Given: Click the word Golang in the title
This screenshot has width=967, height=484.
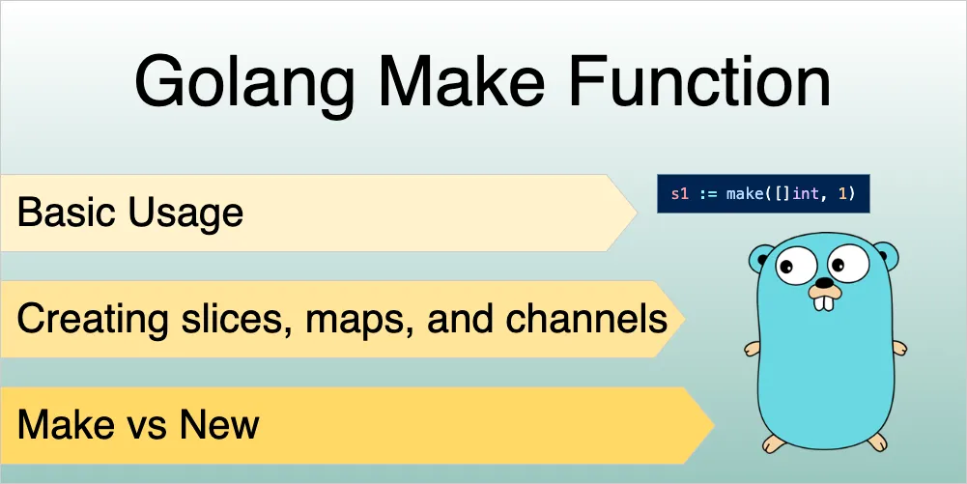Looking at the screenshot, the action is tap(244, 84).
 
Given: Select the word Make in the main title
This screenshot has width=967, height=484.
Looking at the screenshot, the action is tap(462, 81).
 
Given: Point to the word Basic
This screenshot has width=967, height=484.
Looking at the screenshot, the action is tap(67, 213).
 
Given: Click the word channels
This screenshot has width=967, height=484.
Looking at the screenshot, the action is tap(586, 319).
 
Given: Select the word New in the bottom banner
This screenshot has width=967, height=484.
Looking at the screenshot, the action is tap(219, 425).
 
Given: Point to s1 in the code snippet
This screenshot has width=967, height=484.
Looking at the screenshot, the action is tap(679, 193).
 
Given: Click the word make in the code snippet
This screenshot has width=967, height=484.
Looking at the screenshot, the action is tap(744, 193).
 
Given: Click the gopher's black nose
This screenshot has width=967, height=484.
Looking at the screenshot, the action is tap(824, 283).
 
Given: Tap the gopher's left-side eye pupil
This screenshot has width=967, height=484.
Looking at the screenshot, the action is tap(785, 267).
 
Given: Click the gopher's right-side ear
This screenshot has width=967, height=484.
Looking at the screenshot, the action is tap(887, 255).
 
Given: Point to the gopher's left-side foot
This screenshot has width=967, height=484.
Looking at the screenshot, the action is tap(775, 442).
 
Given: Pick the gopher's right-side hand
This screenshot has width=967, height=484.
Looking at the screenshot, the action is tap(900, 348).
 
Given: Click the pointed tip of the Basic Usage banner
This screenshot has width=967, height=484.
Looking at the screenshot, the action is tap(637, 213).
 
